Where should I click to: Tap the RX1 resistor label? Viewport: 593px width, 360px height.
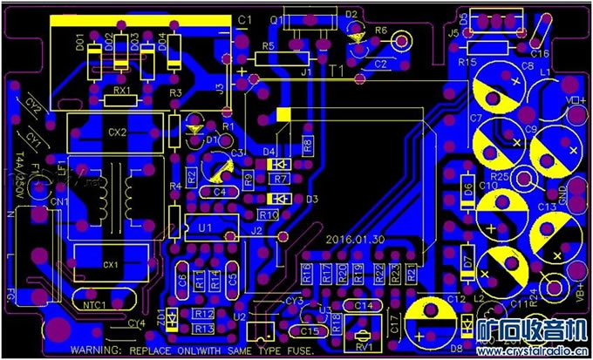(123, 91)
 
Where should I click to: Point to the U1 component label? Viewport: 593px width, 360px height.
(207, 227)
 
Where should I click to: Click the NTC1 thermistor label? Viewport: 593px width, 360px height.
(96, 305)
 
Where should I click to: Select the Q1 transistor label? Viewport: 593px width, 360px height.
(277, 19)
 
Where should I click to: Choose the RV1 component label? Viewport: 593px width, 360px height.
(365, 346)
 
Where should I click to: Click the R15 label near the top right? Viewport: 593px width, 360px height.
(467, 62)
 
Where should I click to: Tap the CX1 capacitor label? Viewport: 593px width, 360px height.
(111, 264)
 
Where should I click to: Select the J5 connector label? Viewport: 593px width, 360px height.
(453, 33)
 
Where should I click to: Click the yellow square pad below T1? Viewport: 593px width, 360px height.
(283, 114)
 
